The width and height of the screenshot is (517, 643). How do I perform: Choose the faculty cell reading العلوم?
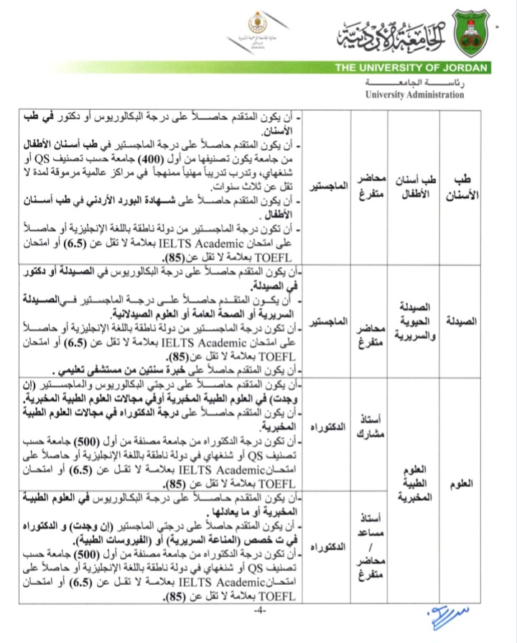click(x=465, y=484)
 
